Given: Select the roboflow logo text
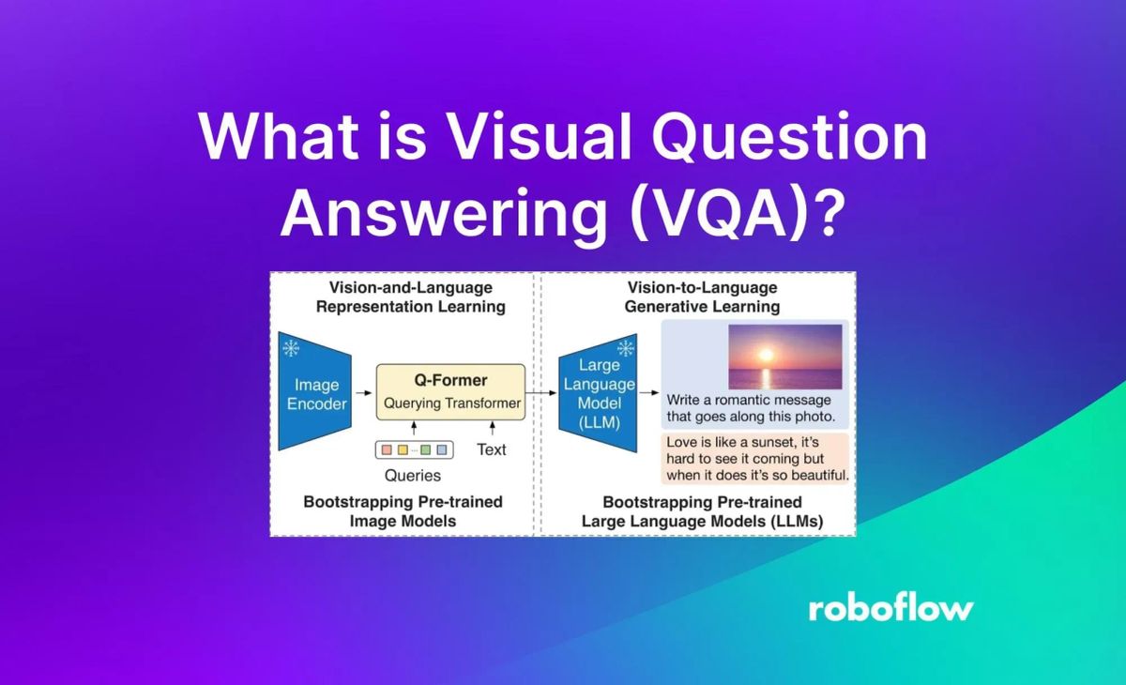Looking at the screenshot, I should pos(890,608).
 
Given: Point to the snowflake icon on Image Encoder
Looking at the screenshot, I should pos(290,349).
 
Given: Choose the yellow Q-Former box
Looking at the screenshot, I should pos(450,392).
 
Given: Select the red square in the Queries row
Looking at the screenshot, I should pos(386,449).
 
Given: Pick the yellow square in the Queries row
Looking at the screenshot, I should pos(403,449).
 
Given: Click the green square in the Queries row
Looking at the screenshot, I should pos(425,449).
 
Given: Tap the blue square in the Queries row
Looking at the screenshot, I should pos(442,449).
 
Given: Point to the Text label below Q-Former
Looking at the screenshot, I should pos(491,449).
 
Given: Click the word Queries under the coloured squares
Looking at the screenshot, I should pos(413,475).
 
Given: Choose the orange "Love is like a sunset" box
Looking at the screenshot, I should pos(755,458).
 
